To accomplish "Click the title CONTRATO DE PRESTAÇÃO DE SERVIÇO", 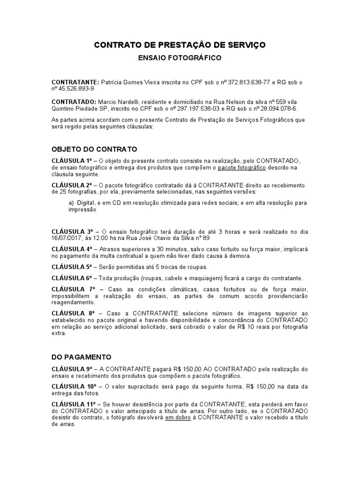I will (180, 45).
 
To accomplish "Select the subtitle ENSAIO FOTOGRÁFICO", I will (180, 58).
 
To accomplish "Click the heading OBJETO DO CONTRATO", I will (94, 149).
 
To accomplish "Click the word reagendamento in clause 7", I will (74, 303).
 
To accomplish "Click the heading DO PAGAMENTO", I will (82, 357).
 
